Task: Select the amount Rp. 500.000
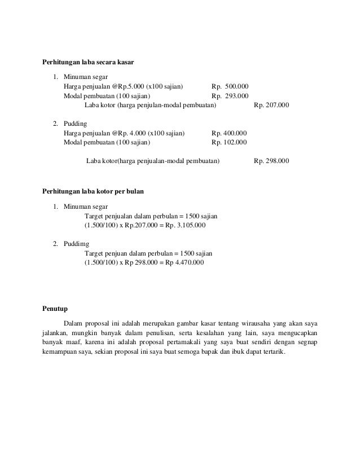[229, 86]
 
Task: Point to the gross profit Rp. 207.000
[272, 105]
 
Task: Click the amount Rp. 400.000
[229, 133]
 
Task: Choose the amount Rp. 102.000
[229, 143]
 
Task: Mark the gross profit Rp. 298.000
[272, 161]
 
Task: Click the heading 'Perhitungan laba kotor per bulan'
[94, 192]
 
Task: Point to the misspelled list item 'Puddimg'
[76, 244]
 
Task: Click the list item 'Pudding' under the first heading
[75, 124]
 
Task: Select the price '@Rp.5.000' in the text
[129, 86]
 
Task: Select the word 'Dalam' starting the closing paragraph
[73, 324]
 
